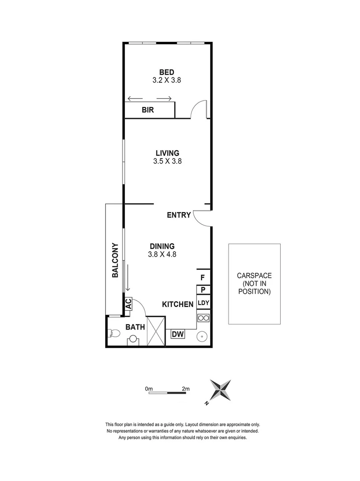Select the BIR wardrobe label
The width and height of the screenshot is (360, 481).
148,110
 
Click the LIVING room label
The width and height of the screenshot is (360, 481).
167,153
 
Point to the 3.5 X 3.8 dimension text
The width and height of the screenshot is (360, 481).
167,162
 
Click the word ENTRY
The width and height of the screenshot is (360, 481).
179,215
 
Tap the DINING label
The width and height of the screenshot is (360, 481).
162,246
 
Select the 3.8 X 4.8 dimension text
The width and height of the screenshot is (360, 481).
162,255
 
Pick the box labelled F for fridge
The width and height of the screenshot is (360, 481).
203,277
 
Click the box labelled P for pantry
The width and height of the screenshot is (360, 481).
203,290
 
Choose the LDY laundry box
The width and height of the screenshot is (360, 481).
203,303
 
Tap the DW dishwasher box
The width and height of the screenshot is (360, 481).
178,334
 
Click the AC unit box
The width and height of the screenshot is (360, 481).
128,304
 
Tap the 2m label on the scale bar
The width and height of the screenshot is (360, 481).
186,388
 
